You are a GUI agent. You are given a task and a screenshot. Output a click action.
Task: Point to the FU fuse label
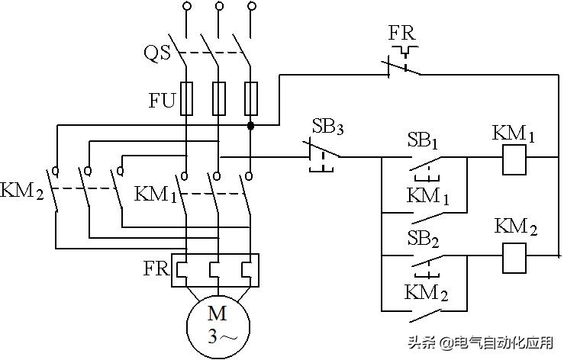[x=161, y=99]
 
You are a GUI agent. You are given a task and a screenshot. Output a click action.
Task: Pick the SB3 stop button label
[x=327, y=127]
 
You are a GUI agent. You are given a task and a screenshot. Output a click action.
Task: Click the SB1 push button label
[x=423, y=142]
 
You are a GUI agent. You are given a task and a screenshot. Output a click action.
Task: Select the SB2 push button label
[x=423, y=236]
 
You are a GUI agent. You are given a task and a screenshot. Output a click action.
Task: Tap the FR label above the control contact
[x=401, y=34]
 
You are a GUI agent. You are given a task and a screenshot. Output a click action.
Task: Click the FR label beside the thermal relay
[x=156, y=270]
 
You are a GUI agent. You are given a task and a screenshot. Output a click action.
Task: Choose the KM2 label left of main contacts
[x=21, y=189]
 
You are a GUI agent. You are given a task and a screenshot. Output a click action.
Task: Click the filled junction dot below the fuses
[x=250, y=124]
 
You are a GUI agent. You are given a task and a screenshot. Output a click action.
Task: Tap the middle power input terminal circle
[x=218, y=7]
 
